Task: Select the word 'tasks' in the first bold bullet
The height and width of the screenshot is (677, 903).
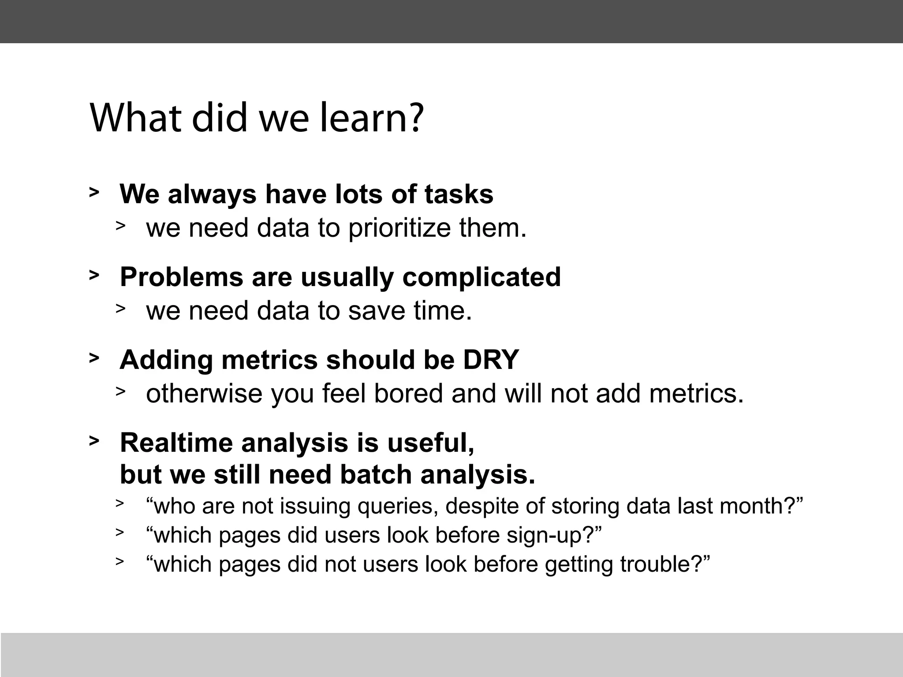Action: (x=459, y=194)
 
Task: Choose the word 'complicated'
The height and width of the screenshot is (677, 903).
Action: (x=481, y=277)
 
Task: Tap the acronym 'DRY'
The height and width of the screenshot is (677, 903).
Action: (x=491, y=360)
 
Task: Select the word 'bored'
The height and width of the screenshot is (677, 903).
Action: (x=408, y=393)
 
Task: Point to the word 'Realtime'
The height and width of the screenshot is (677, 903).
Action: (x=176, y=443)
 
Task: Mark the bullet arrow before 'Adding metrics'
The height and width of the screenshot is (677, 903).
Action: (x=94, y=358)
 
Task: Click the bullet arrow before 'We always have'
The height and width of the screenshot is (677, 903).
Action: (x=94, y=193)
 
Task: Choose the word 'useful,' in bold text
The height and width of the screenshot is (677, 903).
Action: (x=431, y=443)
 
